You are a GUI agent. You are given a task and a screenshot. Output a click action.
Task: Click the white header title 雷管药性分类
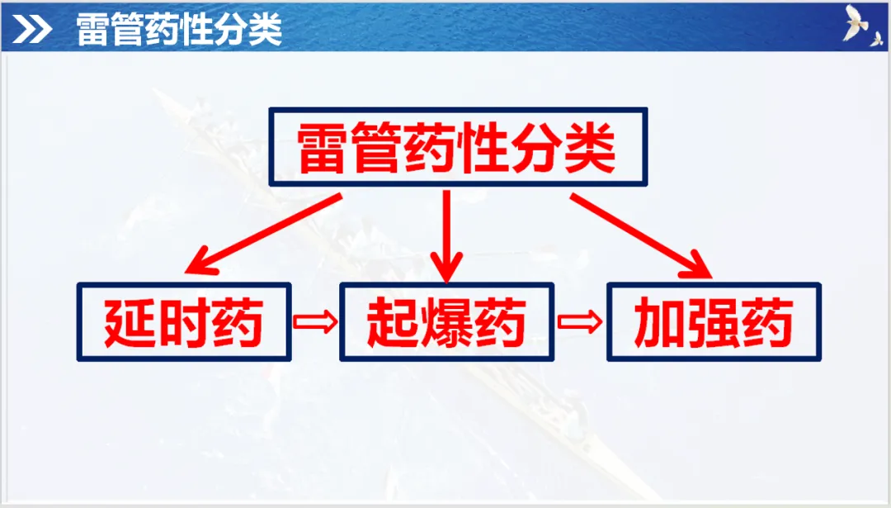click(x=179, y=31)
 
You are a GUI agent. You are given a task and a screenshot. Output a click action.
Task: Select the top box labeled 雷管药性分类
click(x=459, y=147)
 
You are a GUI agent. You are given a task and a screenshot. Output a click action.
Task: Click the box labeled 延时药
click(x=184, y=322)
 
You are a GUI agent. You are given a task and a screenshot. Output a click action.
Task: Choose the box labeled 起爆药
click(x=446, y=322)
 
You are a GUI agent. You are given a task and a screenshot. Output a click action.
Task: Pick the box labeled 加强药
click(x=714, y=322)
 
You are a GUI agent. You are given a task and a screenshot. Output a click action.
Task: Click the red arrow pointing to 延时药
click(x=263, y=234)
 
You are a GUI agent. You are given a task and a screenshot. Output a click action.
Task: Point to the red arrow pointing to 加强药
click(x=642, y=234)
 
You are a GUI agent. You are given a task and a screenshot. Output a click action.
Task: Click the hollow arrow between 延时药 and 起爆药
click(x=315, y=321)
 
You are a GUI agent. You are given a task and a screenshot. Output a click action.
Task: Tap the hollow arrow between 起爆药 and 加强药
click(x=580, y=321)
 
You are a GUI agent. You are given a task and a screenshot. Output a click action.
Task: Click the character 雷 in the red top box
click(x=324, y=148)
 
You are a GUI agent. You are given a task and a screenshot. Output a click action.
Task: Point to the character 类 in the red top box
click(x=590, y=148)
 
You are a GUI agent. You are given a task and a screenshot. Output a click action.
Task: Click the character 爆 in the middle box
click(x=446, y=322)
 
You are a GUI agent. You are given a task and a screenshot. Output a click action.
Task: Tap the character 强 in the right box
click(x=714, y=322)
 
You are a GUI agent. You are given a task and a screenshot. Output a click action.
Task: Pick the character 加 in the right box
click(x=660, y=322)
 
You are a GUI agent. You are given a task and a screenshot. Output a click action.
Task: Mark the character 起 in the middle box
click(x=394, y=322)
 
